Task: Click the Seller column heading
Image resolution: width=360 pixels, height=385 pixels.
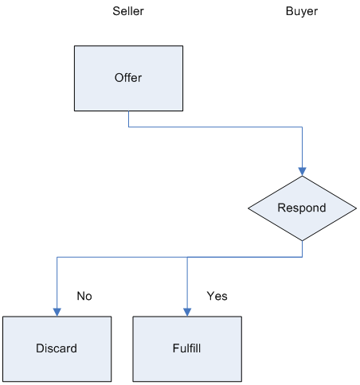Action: pos(128,11)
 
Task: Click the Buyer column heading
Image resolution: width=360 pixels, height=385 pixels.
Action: pos(302,11)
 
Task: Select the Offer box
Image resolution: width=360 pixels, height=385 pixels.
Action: pos(128,78)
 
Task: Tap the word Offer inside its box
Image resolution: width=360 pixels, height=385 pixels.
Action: pos(128,78)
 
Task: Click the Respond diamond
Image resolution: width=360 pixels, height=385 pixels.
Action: pos(302,208)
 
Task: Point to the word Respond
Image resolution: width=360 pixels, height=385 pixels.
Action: pos(302,208)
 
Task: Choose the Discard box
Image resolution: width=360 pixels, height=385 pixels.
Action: pos(57,349)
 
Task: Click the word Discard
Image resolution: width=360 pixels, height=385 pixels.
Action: pos(57,348)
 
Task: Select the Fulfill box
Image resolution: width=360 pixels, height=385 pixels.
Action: pos(187,349)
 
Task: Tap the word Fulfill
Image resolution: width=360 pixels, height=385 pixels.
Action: pos(186,348)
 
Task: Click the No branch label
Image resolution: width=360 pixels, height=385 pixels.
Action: pos(84,296)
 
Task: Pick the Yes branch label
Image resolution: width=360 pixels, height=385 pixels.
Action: pos(217,296)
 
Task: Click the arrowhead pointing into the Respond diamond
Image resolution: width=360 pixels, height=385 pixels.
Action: pos(302,172)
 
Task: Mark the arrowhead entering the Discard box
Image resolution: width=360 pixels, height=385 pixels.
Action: pos(57,312)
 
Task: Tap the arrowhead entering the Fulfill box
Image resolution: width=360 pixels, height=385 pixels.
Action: pos(187,312)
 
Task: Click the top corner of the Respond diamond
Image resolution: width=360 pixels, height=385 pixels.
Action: pos(302,176)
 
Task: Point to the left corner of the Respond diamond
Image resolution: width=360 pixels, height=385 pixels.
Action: pos(248,208)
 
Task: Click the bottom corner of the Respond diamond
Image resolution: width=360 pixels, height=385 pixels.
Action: pos(302,241)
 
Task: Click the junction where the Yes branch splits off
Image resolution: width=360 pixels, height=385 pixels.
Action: pos(187,257)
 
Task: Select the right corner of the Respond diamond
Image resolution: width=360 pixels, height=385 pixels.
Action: pos(356,208)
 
